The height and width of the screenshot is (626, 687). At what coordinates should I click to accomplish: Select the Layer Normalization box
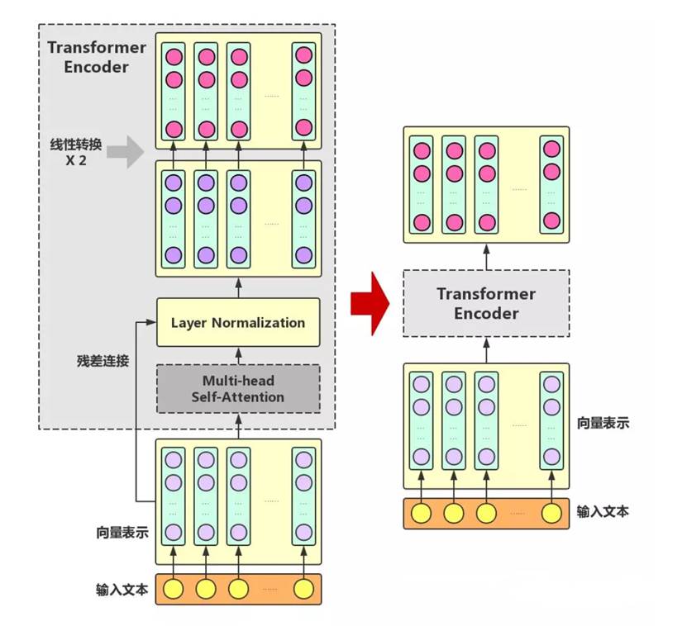point(238,322)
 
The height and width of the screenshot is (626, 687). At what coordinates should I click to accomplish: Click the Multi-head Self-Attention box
point(238,388)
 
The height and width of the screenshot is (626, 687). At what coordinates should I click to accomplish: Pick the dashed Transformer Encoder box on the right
point(486,303)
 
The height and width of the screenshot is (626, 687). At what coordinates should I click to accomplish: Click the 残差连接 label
point(102,361)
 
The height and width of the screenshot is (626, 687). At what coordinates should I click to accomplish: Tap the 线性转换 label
point(76,145)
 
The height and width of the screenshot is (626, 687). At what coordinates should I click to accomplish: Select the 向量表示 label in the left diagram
point(122,533)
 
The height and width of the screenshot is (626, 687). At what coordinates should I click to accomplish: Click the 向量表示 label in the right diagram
point(603,423)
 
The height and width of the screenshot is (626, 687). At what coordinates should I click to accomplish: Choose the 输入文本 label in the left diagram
point(122,590)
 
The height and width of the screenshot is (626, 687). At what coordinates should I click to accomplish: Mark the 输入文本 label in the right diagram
point(603,512)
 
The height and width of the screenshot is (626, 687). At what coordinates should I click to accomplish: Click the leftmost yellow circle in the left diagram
point(173,589)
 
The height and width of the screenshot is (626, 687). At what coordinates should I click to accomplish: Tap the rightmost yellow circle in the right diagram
point(551,514)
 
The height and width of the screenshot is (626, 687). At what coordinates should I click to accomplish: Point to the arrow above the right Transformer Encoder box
point(486,256)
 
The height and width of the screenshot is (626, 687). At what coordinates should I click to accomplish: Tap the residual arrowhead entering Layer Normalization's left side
point(151,322)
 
